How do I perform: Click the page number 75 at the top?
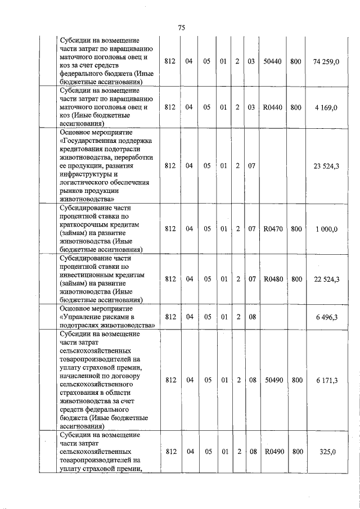(181, 28)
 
